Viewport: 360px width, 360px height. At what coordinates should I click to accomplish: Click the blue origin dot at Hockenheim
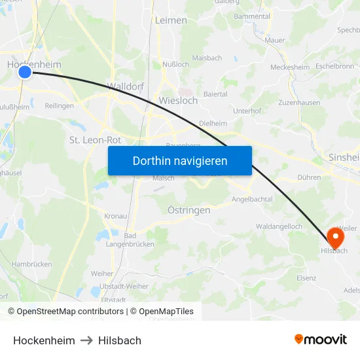[x=25, y=71]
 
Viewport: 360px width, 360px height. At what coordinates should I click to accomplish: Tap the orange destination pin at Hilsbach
[x=335, y=235]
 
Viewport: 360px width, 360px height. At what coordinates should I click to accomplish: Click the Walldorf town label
[x=125, y=86]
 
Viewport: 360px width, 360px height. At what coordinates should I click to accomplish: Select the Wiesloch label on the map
[x=178, y=101]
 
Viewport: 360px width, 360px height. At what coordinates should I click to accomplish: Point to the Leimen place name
[x=171, y=20]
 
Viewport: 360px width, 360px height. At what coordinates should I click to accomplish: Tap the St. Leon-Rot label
[x=95, y=140]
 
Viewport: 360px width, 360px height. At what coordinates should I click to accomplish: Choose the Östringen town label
[x=189, y=210]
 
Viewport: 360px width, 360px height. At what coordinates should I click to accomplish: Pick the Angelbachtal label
[x=251, y=199]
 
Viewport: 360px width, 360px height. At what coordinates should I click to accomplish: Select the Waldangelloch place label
[x=279, y=226]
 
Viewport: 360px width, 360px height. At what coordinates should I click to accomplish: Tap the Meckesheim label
[x=289, y=67]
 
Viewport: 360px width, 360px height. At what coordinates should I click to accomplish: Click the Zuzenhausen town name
[x=299, y=103]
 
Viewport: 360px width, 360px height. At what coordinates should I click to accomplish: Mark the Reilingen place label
[x=60, y=105]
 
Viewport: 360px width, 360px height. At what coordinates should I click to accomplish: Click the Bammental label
[x=252, y=16]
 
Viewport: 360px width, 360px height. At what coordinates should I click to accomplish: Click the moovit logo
[x=321, y=339]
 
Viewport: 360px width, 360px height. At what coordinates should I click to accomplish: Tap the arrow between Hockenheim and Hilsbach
[x=86, y=340]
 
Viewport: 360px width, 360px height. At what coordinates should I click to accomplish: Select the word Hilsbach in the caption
[x=120, y=340]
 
